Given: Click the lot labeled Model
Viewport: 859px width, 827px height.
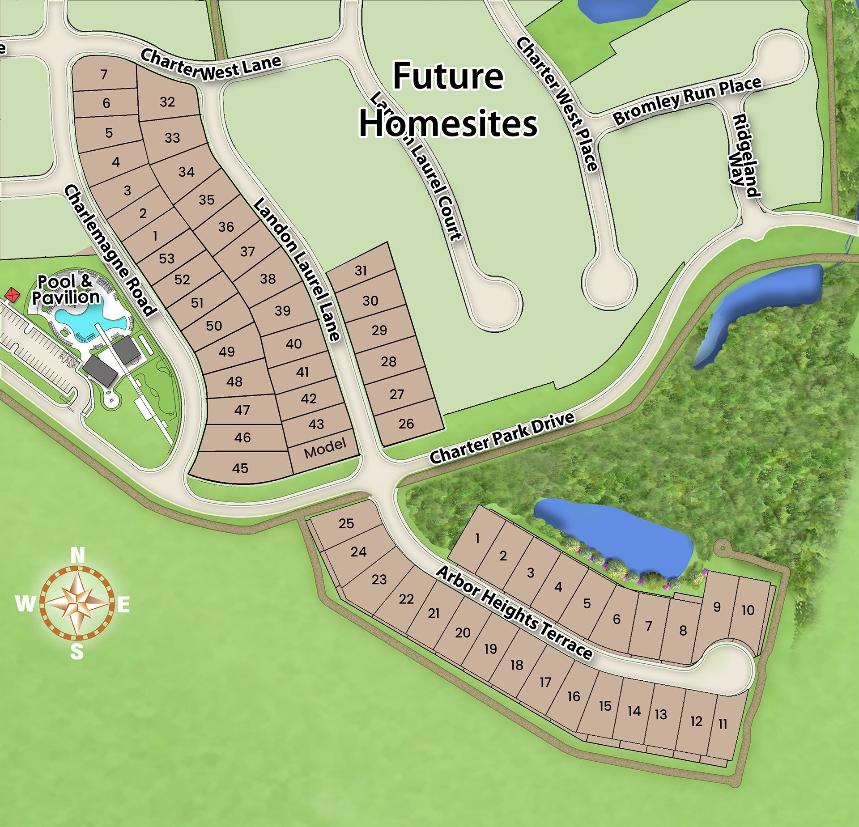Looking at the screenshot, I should (x=325, y=449).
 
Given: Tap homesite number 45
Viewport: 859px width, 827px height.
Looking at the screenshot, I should (x=240, y=468).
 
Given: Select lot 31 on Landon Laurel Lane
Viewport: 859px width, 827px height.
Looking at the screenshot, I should (x=361, y=271).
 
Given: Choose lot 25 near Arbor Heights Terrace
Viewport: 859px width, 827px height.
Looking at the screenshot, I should (x=346, y=523).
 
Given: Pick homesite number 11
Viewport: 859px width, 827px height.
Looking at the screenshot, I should (x=723, y=723).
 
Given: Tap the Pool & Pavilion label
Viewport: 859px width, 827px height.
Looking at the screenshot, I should (x=68, y=289).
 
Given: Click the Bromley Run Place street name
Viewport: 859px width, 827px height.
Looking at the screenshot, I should (x=686, y=100).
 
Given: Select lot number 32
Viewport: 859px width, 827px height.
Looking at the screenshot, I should (x=167, y=102).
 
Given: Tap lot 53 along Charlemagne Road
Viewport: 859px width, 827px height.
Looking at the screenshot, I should (x=166, y=258).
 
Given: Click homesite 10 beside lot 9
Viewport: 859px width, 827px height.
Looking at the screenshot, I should (x=748, y=610).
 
